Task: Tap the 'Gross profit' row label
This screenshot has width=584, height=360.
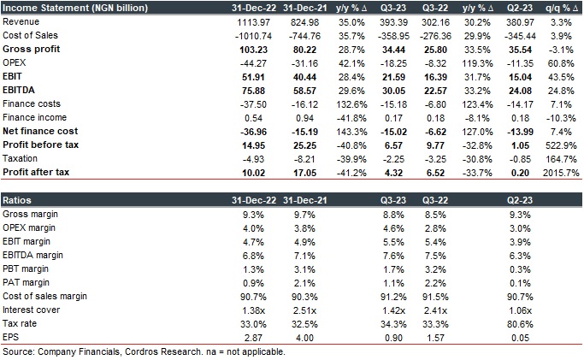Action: click(x=30, y=50)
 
